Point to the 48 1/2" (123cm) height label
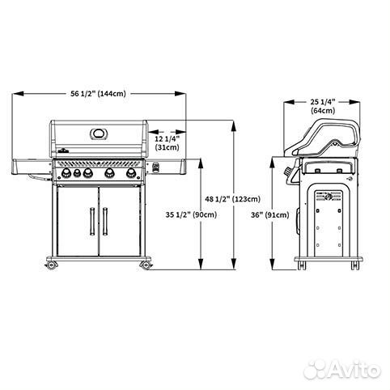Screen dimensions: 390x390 pyautogui.click(x=233, y=199)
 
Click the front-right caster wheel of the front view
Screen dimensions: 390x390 pyautogui.click(x=146, y=265)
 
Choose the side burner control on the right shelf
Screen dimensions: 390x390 pyautogui.click(x=156, y=168)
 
